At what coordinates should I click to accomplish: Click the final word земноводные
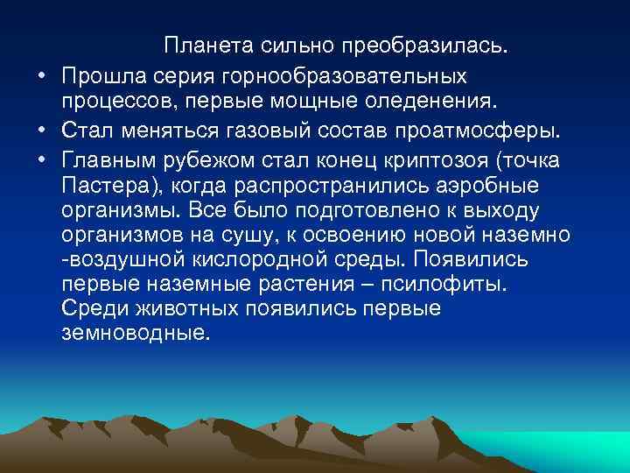pos(136,335)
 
